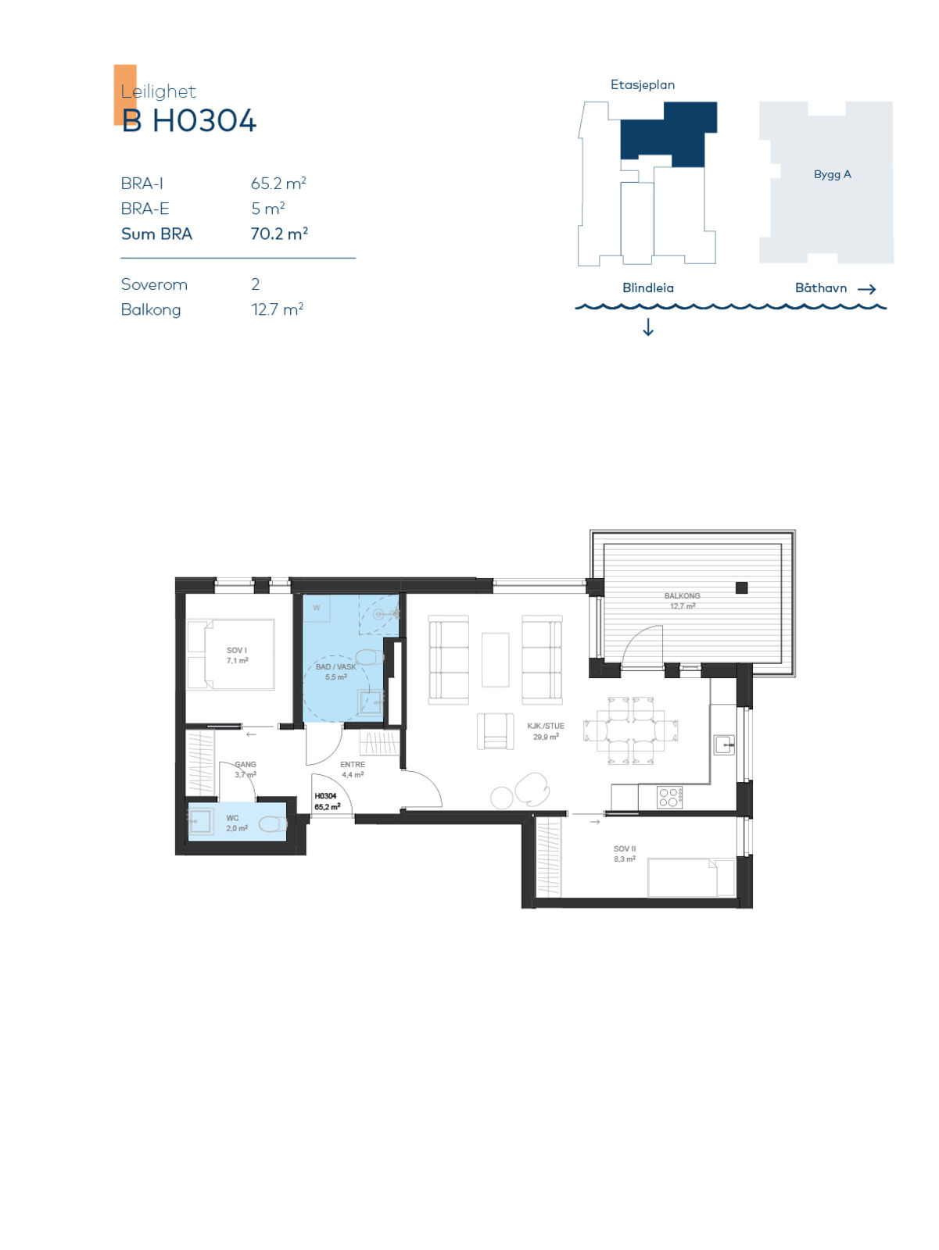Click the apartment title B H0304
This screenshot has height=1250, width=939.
(x=188, y=121)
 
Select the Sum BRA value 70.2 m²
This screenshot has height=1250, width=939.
(x=279, y=234)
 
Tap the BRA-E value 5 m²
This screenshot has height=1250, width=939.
(x=268, y=209)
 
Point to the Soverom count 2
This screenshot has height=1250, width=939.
(x=255, y=284)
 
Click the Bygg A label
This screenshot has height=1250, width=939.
(x=832, y=174)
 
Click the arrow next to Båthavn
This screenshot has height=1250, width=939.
(x=866, y=289)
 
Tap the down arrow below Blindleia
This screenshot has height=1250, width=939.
(x=648, y=327)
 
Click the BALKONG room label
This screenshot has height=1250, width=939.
(x=682, y=595)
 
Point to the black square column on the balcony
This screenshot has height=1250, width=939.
(x=741, y=587)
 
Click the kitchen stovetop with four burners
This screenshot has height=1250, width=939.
(x=669, y=797)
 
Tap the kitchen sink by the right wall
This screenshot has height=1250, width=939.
(x=724, y=745)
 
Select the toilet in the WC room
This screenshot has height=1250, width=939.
(x=272, y=824)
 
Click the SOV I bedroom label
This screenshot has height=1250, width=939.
(x=237, y=650)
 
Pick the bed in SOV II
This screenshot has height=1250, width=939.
(x=691, y=877)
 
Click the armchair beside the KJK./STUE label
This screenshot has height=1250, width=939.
(x=495, y=730)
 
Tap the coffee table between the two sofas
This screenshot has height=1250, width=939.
(x=495, y=660)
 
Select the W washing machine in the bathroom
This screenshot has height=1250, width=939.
(x=316, y=608)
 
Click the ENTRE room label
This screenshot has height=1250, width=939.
(x=353, y=764)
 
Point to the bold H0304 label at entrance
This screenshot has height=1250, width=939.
(x=325, y=796)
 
